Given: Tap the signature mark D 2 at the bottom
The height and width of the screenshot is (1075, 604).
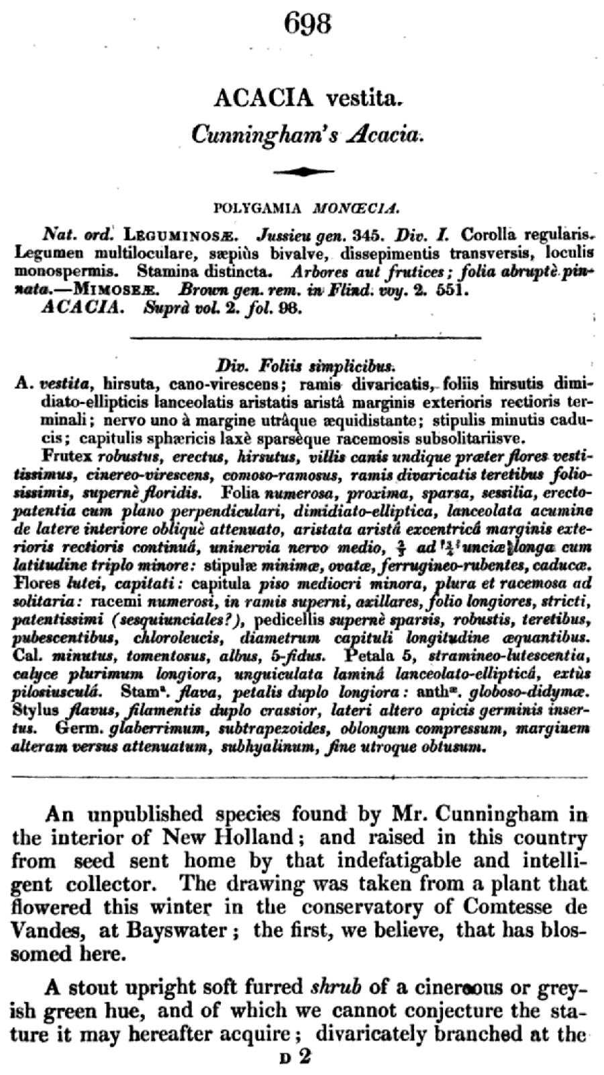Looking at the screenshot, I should click(x=296, y=1058).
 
